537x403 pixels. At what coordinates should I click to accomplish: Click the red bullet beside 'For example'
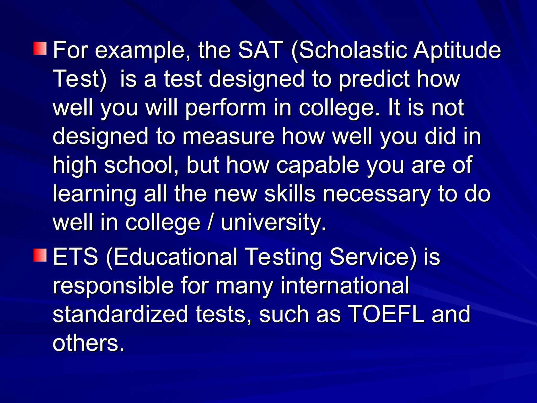(x=40, y=48)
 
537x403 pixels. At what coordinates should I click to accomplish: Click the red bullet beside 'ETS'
(x=40, y=255)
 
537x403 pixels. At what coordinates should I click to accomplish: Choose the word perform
(x=226, y=108)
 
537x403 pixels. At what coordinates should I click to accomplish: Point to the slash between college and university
(x=210, y=222)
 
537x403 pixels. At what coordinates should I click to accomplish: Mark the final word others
(x=88, y=343)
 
